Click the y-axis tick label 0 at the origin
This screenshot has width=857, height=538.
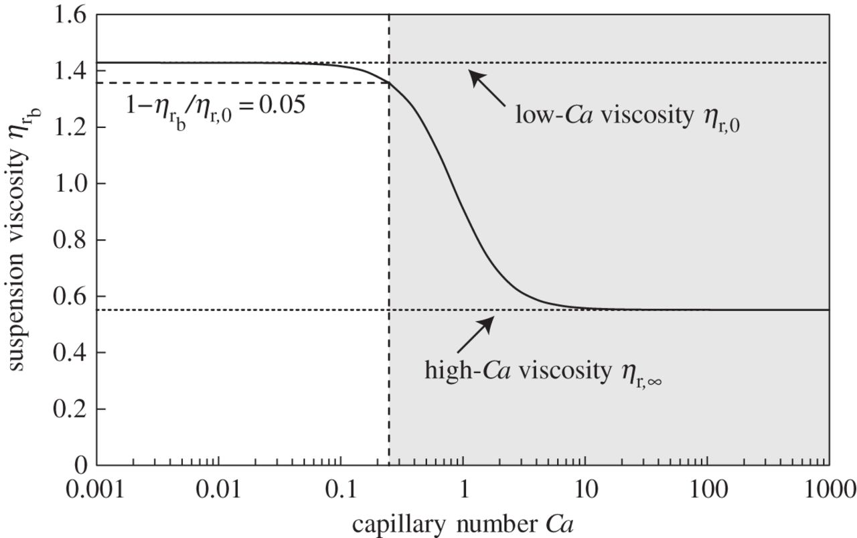tap(80, 465)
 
